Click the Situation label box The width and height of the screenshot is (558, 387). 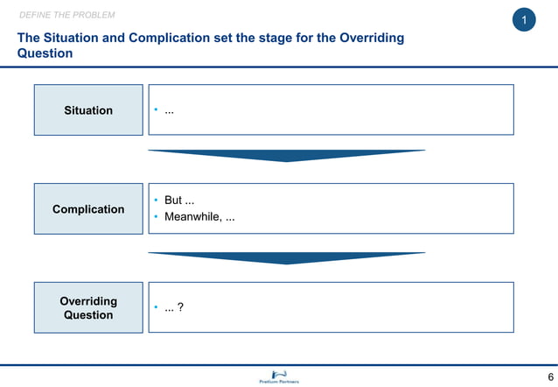coord(88,110)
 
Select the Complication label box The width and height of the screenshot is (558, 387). coord(88,209)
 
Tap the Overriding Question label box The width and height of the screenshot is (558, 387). coord(88,308)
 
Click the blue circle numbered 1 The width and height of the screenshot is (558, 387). coord(524,20)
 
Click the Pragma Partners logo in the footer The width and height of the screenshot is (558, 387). coord(279,376)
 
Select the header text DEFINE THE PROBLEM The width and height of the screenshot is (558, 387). coord(66,16)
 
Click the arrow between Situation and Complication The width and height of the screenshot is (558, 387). coord(286,156)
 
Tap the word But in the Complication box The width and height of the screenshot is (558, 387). coord(173,201)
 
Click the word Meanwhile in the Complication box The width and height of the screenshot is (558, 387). coord(192,217)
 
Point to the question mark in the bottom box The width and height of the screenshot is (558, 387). coord(180,307)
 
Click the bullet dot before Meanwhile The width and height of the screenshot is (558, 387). coord(156,218)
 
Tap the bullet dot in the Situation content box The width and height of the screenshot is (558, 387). coord(156,110)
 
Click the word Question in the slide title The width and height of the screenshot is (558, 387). coord(45,53)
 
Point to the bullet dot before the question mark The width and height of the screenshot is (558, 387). coord(156,308)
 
